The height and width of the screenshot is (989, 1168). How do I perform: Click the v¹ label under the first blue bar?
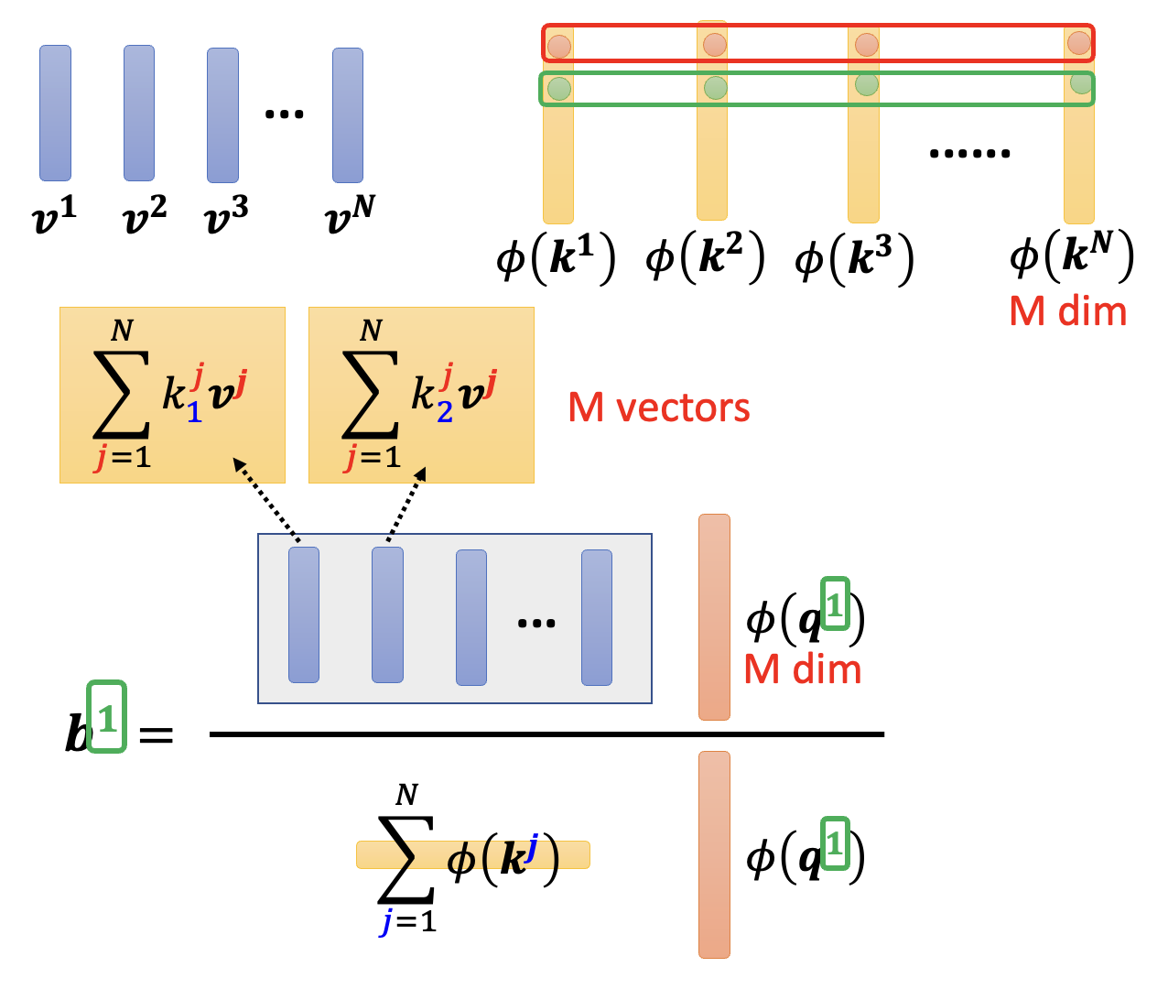[54, 216]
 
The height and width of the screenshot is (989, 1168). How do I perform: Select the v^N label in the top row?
[350, 214]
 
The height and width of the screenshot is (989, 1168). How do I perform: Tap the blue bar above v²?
[139, 114]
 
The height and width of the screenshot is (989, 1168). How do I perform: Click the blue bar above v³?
[222, 115]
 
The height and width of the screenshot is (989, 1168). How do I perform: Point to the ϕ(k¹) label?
[556, 258]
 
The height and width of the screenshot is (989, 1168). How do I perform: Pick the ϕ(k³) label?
[854, 258]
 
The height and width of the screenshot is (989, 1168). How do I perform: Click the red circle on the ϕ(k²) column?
[714, 44]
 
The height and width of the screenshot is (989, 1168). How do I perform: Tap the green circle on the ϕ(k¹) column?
[558, 89]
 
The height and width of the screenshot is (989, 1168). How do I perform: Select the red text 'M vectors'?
[658, 408]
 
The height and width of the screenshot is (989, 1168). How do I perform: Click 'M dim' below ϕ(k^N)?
[1067, 312]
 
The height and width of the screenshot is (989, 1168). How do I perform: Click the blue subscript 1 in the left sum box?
[194, 414]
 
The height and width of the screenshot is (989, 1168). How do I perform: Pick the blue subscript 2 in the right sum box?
[445, 413]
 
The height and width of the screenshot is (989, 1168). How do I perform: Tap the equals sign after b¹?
[156, 734]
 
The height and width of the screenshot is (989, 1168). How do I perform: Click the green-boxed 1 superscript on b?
[107, 717]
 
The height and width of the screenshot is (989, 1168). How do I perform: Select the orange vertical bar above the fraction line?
[714, 616]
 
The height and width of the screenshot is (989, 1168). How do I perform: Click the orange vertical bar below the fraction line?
[714, 854]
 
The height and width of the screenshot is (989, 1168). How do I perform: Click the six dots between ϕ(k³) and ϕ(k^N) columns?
[969, 153]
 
